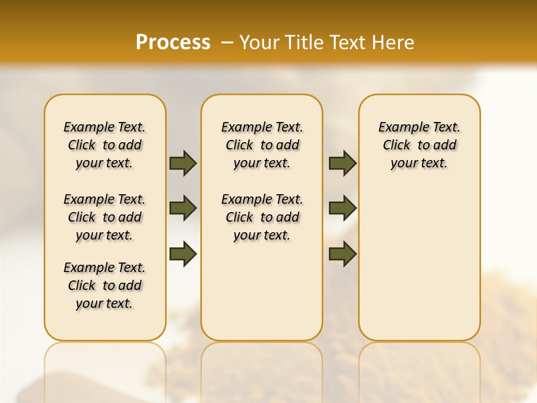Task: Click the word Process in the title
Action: click(173, 43)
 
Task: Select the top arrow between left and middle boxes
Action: click(183, 163)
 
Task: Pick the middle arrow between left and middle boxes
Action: click(183, 208)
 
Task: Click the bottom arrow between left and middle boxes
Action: click(183, 254)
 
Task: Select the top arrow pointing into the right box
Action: click(342, 163)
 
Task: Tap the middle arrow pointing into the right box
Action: click(342, 208)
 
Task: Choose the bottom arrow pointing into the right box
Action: click(342, 254)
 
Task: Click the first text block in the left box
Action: click(105, 145)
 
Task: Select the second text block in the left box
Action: click(105, 217)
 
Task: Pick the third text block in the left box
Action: click(105, 285)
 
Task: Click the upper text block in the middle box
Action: click(262, 145)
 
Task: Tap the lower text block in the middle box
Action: click(262, 217)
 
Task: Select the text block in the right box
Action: click(419, 145)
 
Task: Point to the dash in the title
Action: click(227, 43)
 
